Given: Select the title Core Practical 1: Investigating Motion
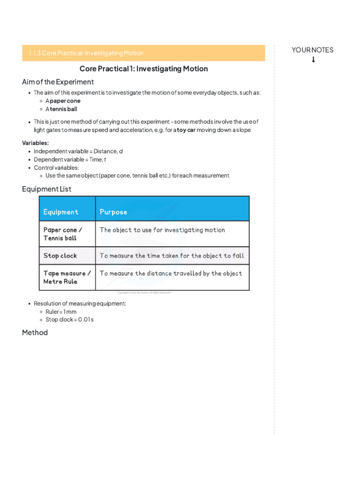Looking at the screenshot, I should (x=143, y=69).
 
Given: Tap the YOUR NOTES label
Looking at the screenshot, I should (x=312, y=50).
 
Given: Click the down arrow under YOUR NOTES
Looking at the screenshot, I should (x=313, y=60).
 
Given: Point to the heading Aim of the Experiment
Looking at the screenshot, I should (x=58, y=82).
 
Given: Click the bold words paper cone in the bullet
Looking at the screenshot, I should (x=65, y=101).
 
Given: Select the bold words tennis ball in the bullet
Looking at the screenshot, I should (x=63, y=109).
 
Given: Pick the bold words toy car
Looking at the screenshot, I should (x=186, y=130).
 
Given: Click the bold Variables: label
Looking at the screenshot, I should (x=35, y=143).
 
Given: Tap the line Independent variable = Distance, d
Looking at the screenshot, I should (x=78, y=151).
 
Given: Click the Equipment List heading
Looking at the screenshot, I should (x=46, y=189).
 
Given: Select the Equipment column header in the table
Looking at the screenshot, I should (x=61, y=212).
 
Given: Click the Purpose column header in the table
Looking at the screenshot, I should (x=113, y=212).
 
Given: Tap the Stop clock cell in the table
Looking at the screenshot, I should (x=60, y=256).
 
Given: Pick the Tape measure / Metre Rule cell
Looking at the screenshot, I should (x=67, y=277).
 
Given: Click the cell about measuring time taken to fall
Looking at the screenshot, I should (x=172, y=256).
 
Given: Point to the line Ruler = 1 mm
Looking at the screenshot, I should (x=61, y=312).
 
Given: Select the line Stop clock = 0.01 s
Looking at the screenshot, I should (x=69, y=320).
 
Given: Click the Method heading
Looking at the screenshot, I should (x=35, y=333).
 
